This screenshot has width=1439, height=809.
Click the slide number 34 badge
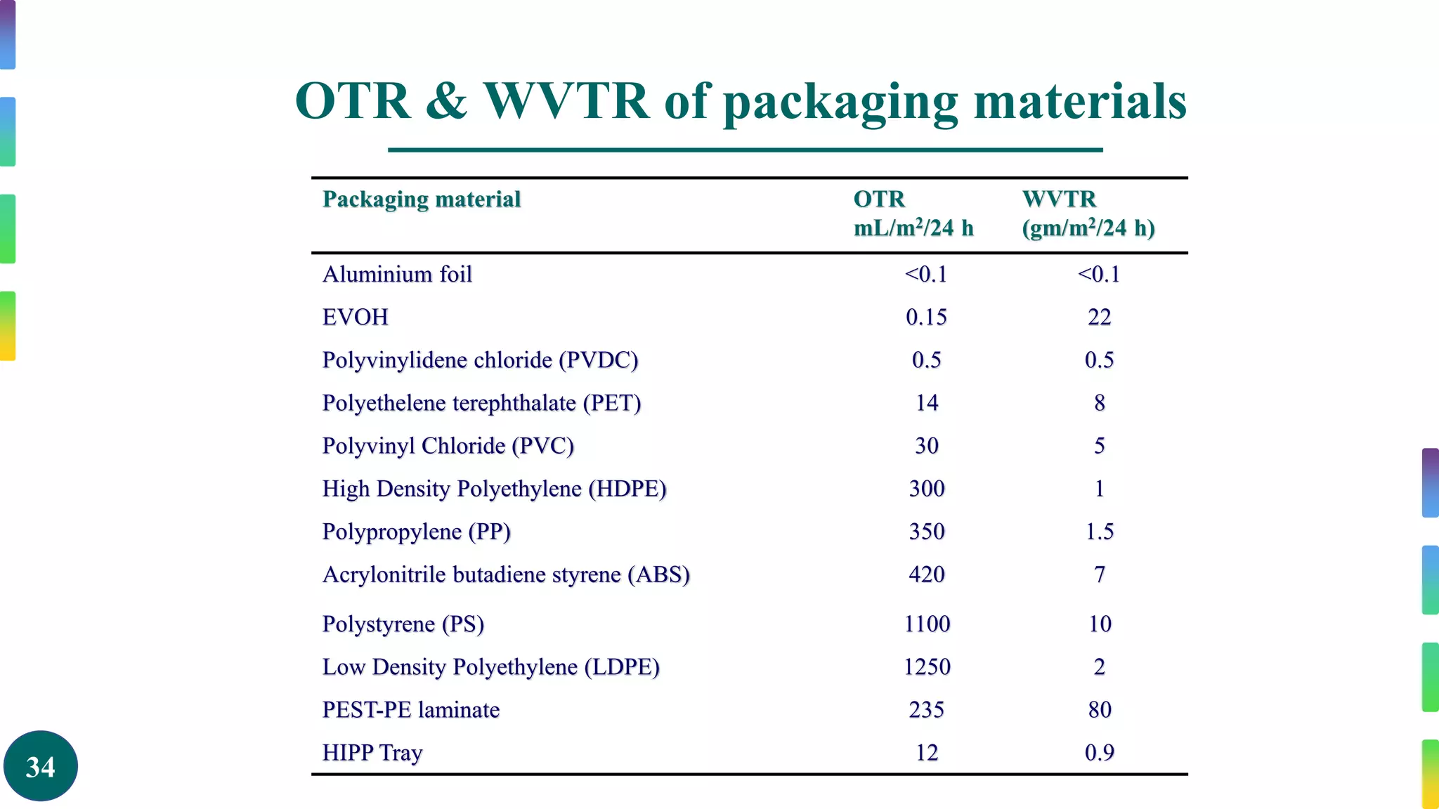point(40,766)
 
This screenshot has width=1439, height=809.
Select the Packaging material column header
point(422,199)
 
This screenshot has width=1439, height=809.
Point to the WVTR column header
point(1059,199)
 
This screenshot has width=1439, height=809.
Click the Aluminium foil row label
point(397,274)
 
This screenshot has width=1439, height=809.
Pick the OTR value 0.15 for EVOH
point(926,317)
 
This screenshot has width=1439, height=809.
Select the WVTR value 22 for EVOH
point(1099,317)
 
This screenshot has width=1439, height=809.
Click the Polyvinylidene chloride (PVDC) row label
point(480,360)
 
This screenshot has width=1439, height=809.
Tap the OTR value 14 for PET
point(926,403)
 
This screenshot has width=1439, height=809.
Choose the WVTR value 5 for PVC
point(1099,446)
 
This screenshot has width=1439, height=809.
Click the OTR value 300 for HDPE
point(926,489)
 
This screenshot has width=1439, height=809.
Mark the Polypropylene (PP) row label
point(416,532)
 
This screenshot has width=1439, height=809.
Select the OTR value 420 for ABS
point(926,574)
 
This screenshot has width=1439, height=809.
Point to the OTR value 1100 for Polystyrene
point(926,624)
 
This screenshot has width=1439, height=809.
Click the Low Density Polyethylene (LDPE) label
point(490,666)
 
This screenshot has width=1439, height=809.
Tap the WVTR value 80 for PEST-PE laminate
point(1099,709)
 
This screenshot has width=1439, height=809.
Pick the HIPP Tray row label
point(372,752)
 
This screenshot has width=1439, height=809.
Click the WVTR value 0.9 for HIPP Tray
point(1099,752)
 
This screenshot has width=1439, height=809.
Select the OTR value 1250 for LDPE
point(926,666)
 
